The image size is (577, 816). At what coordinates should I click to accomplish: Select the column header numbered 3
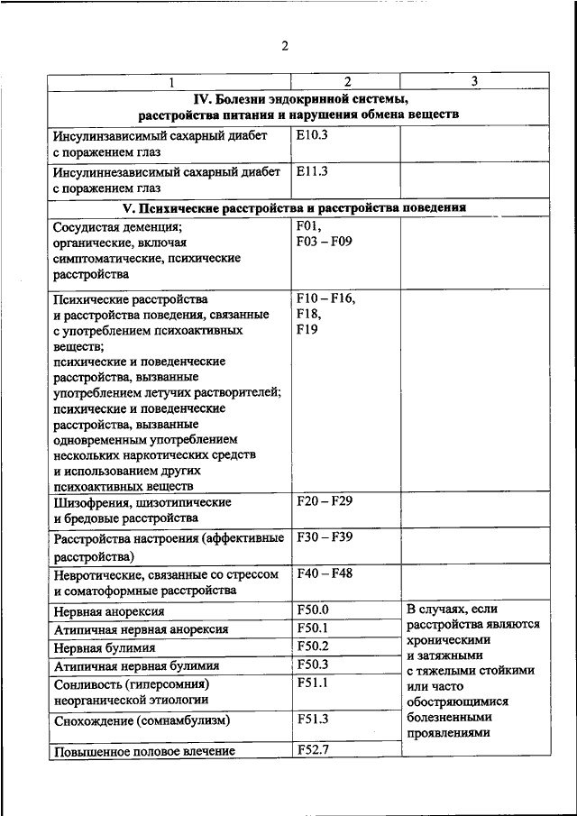(474, 82)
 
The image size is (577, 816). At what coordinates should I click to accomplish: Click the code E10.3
(311, 136)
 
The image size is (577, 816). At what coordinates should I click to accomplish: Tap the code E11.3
(311, 171)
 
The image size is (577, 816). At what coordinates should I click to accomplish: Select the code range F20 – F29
(325, 500)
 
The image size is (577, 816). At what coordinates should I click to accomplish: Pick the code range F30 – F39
(325, 537)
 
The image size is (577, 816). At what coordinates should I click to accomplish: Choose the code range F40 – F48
(325, 573)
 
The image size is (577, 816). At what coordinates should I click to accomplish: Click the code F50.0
(313, 610)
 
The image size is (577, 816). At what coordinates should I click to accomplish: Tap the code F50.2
(313, 646)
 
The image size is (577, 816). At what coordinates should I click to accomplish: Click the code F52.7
(313, 749)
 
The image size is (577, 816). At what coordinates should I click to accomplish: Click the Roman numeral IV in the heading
(203, 98)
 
